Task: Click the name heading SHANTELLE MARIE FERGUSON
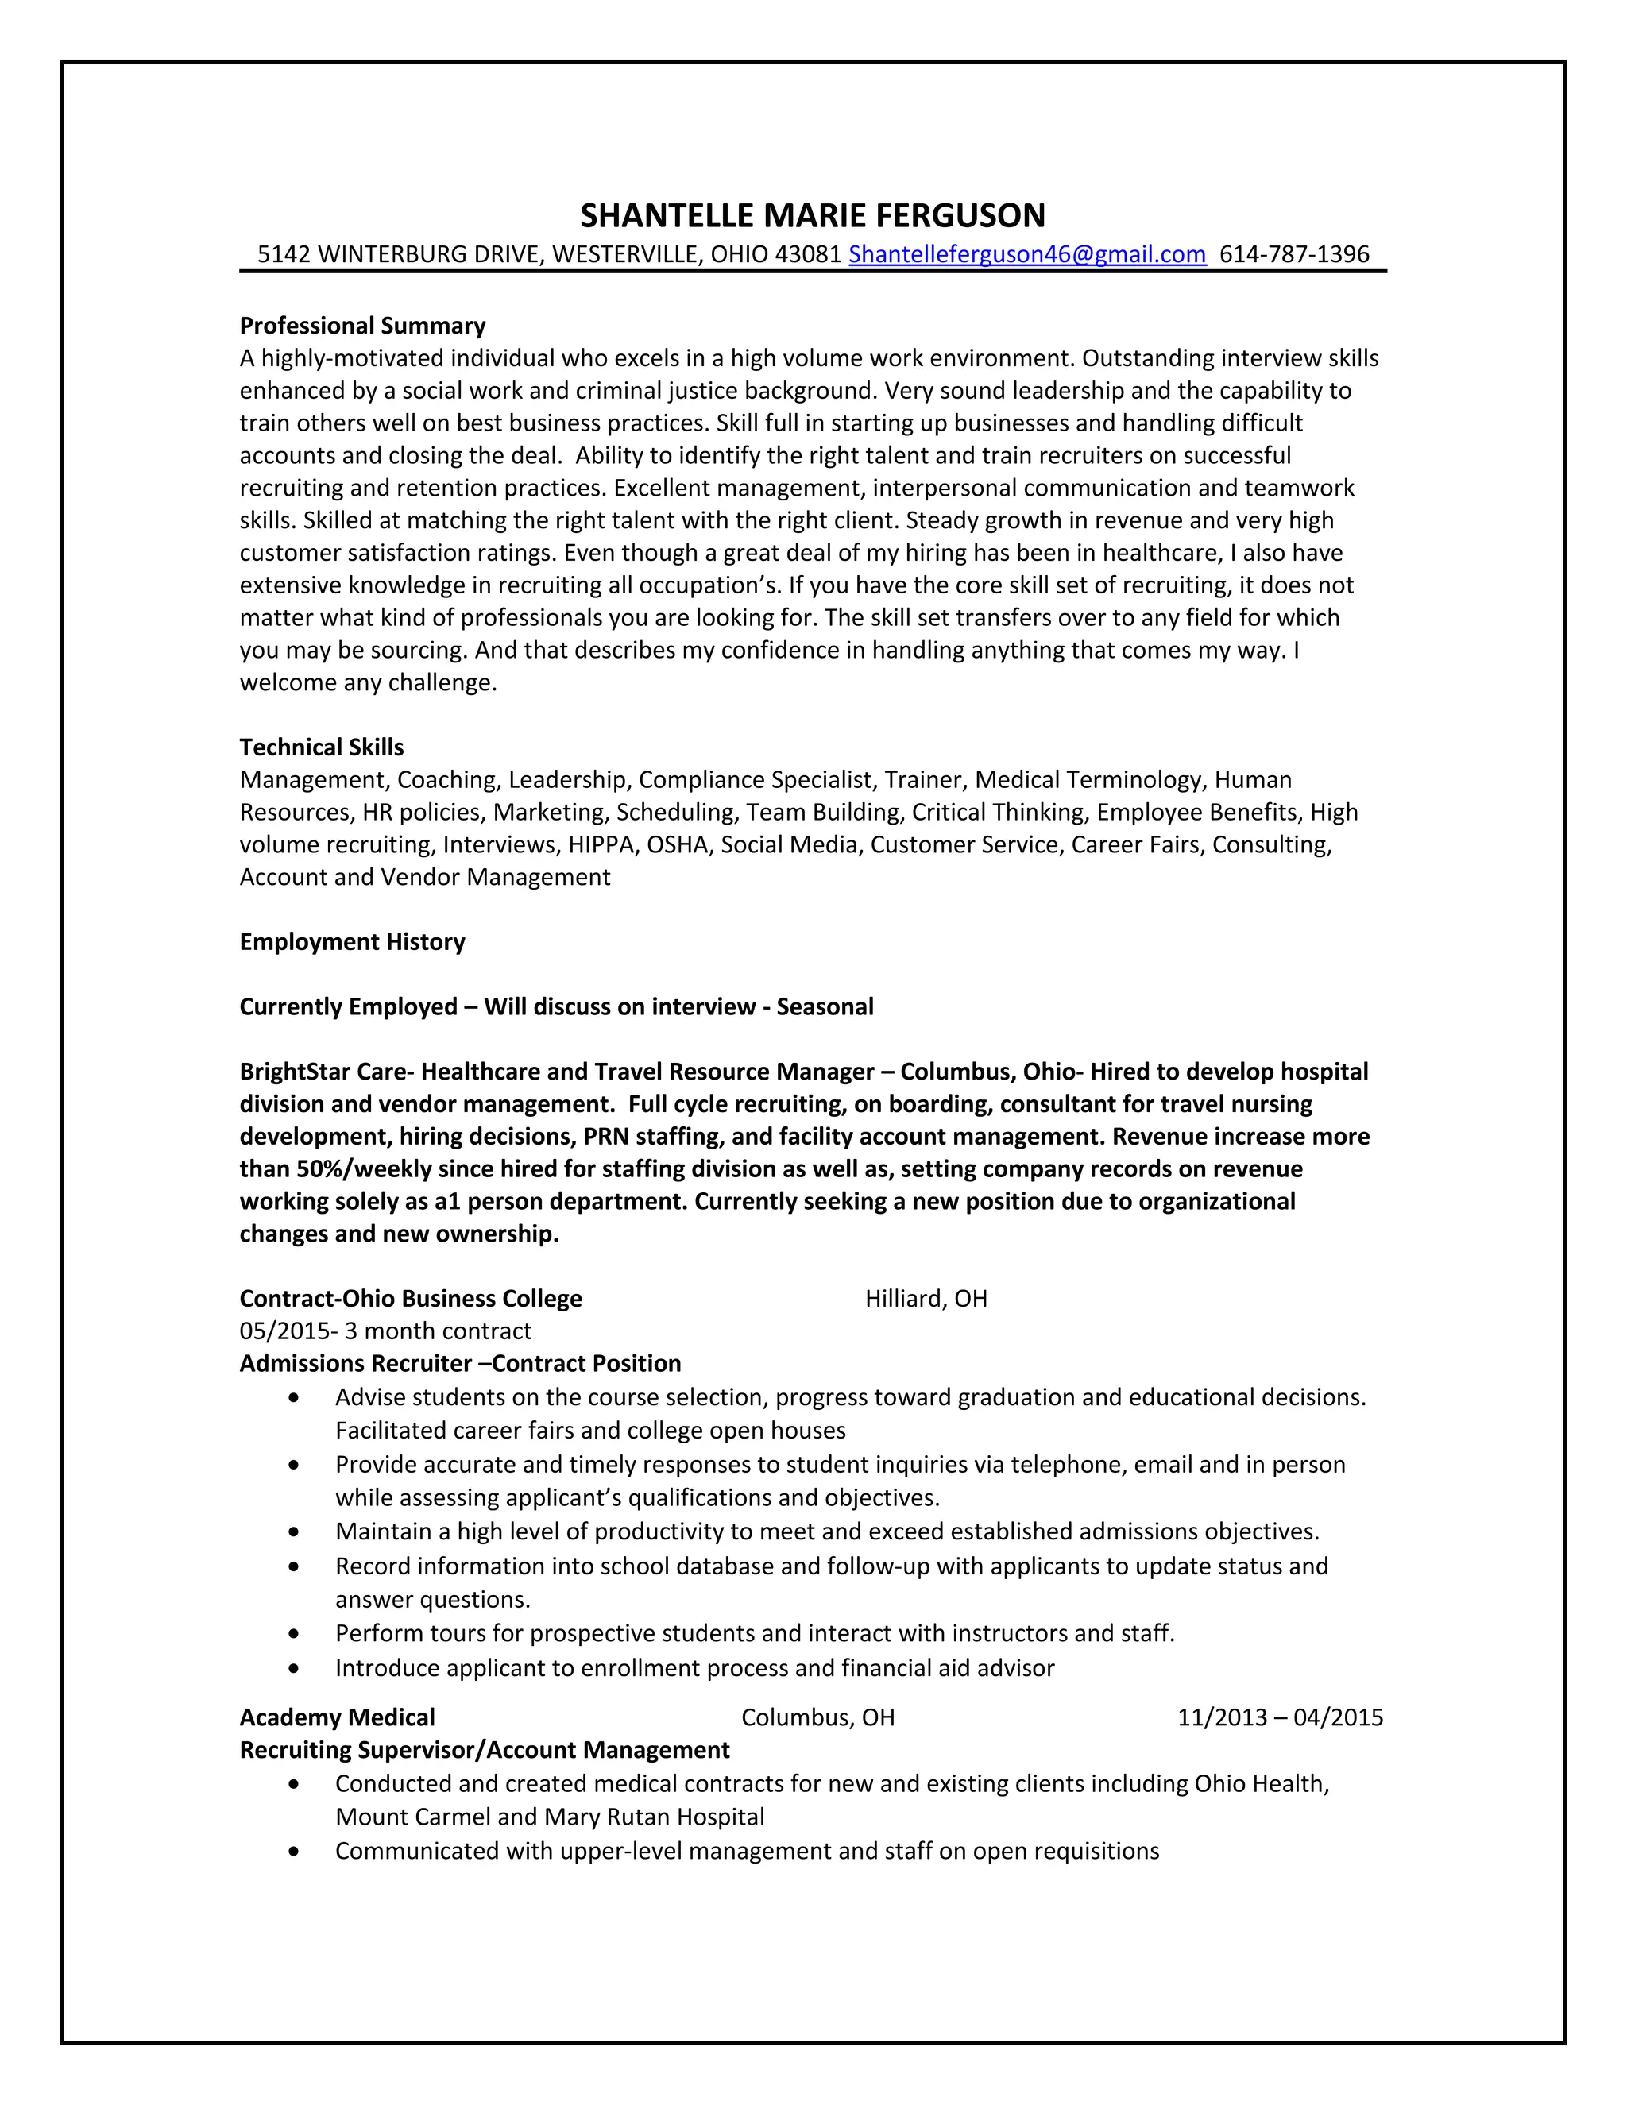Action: (813, 215)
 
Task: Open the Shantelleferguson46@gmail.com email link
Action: (1026, 254)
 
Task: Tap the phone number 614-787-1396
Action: (1293, 254)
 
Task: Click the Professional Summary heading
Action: (362, 326)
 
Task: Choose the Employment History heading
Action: (352, 941)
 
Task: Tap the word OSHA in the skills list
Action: (677, 844)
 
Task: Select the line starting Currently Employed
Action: (556, 1006)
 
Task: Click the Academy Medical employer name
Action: (338, 1717)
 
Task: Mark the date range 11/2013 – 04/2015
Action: (1279, 1717)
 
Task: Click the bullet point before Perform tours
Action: (294, 1634)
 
